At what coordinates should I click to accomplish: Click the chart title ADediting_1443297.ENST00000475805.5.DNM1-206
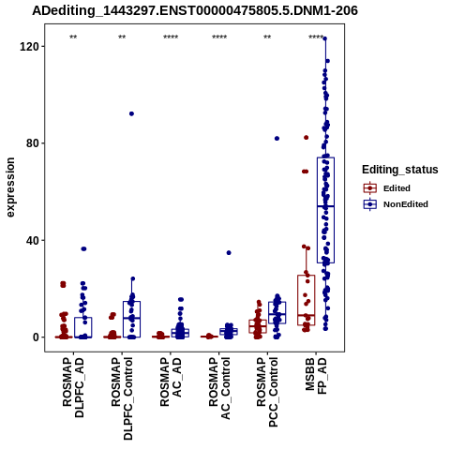tap(195, 11)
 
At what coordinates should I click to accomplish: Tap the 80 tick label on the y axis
tap(31, 143)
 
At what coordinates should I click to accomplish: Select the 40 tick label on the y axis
tap(31, 241)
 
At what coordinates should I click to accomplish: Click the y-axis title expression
tap(10, 187)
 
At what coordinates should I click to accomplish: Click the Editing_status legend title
tap(400, 170)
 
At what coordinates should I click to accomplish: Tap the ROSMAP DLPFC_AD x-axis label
tap(73, 387)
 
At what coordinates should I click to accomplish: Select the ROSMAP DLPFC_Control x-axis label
tap(122, 398)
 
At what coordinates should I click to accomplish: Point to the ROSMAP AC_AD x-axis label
tap(171, 382)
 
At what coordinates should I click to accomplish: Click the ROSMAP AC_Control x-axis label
tap(219, 388)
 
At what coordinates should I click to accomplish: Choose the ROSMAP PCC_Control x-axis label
tap(267, 392)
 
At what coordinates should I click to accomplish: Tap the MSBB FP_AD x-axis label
tap(316, 376)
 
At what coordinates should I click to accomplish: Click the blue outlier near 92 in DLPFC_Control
tap(131, 113)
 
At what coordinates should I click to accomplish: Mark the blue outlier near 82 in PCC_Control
tap(277, 139)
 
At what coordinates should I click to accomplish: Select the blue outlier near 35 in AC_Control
tap(229, 253)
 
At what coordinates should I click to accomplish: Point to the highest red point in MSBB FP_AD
tap(307, 138)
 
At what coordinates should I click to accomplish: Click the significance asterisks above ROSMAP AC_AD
tap(171, 37)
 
